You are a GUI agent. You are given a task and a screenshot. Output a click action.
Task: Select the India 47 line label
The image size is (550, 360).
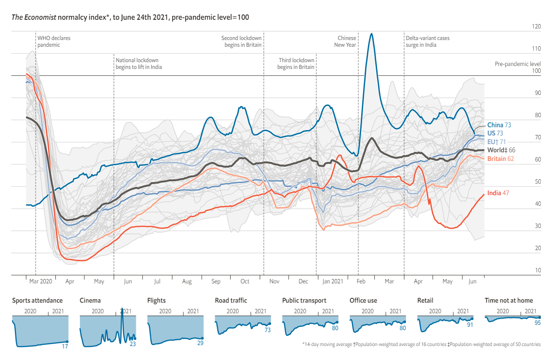(x=498, y=193)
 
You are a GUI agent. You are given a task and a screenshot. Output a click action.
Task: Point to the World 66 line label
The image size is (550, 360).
(x=501, y=150)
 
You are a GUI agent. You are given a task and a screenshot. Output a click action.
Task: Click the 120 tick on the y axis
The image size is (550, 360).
(x=536, y=27)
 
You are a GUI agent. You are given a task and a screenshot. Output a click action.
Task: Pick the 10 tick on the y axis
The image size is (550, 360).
(x=537, y=271)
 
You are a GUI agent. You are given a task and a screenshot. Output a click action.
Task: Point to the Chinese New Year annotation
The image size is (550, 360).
(x=345, y=41)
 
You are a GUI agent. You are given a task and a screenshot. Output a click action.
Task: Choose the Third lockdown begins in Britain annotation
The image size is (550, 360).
(x=296, y=64)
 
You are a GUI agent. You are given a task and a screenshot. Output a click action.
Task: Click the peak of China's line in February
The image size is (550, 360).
(x=371, y=34)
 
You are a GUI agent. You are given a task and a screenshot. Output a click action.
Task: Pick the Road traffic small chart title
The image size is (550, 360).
(x=231, y=301)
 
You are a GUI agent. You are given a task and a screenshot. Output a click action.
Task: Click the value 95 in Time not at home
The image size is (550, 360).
(x=537, y=323)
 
